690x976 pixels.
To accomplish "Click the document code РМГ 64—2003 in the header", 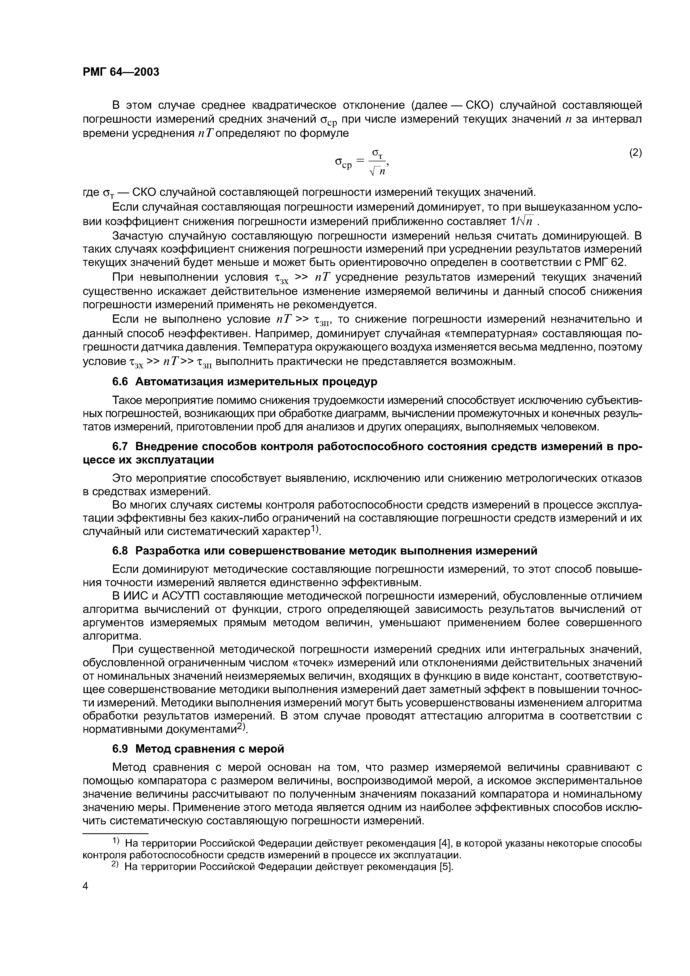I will pos(121,72).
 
